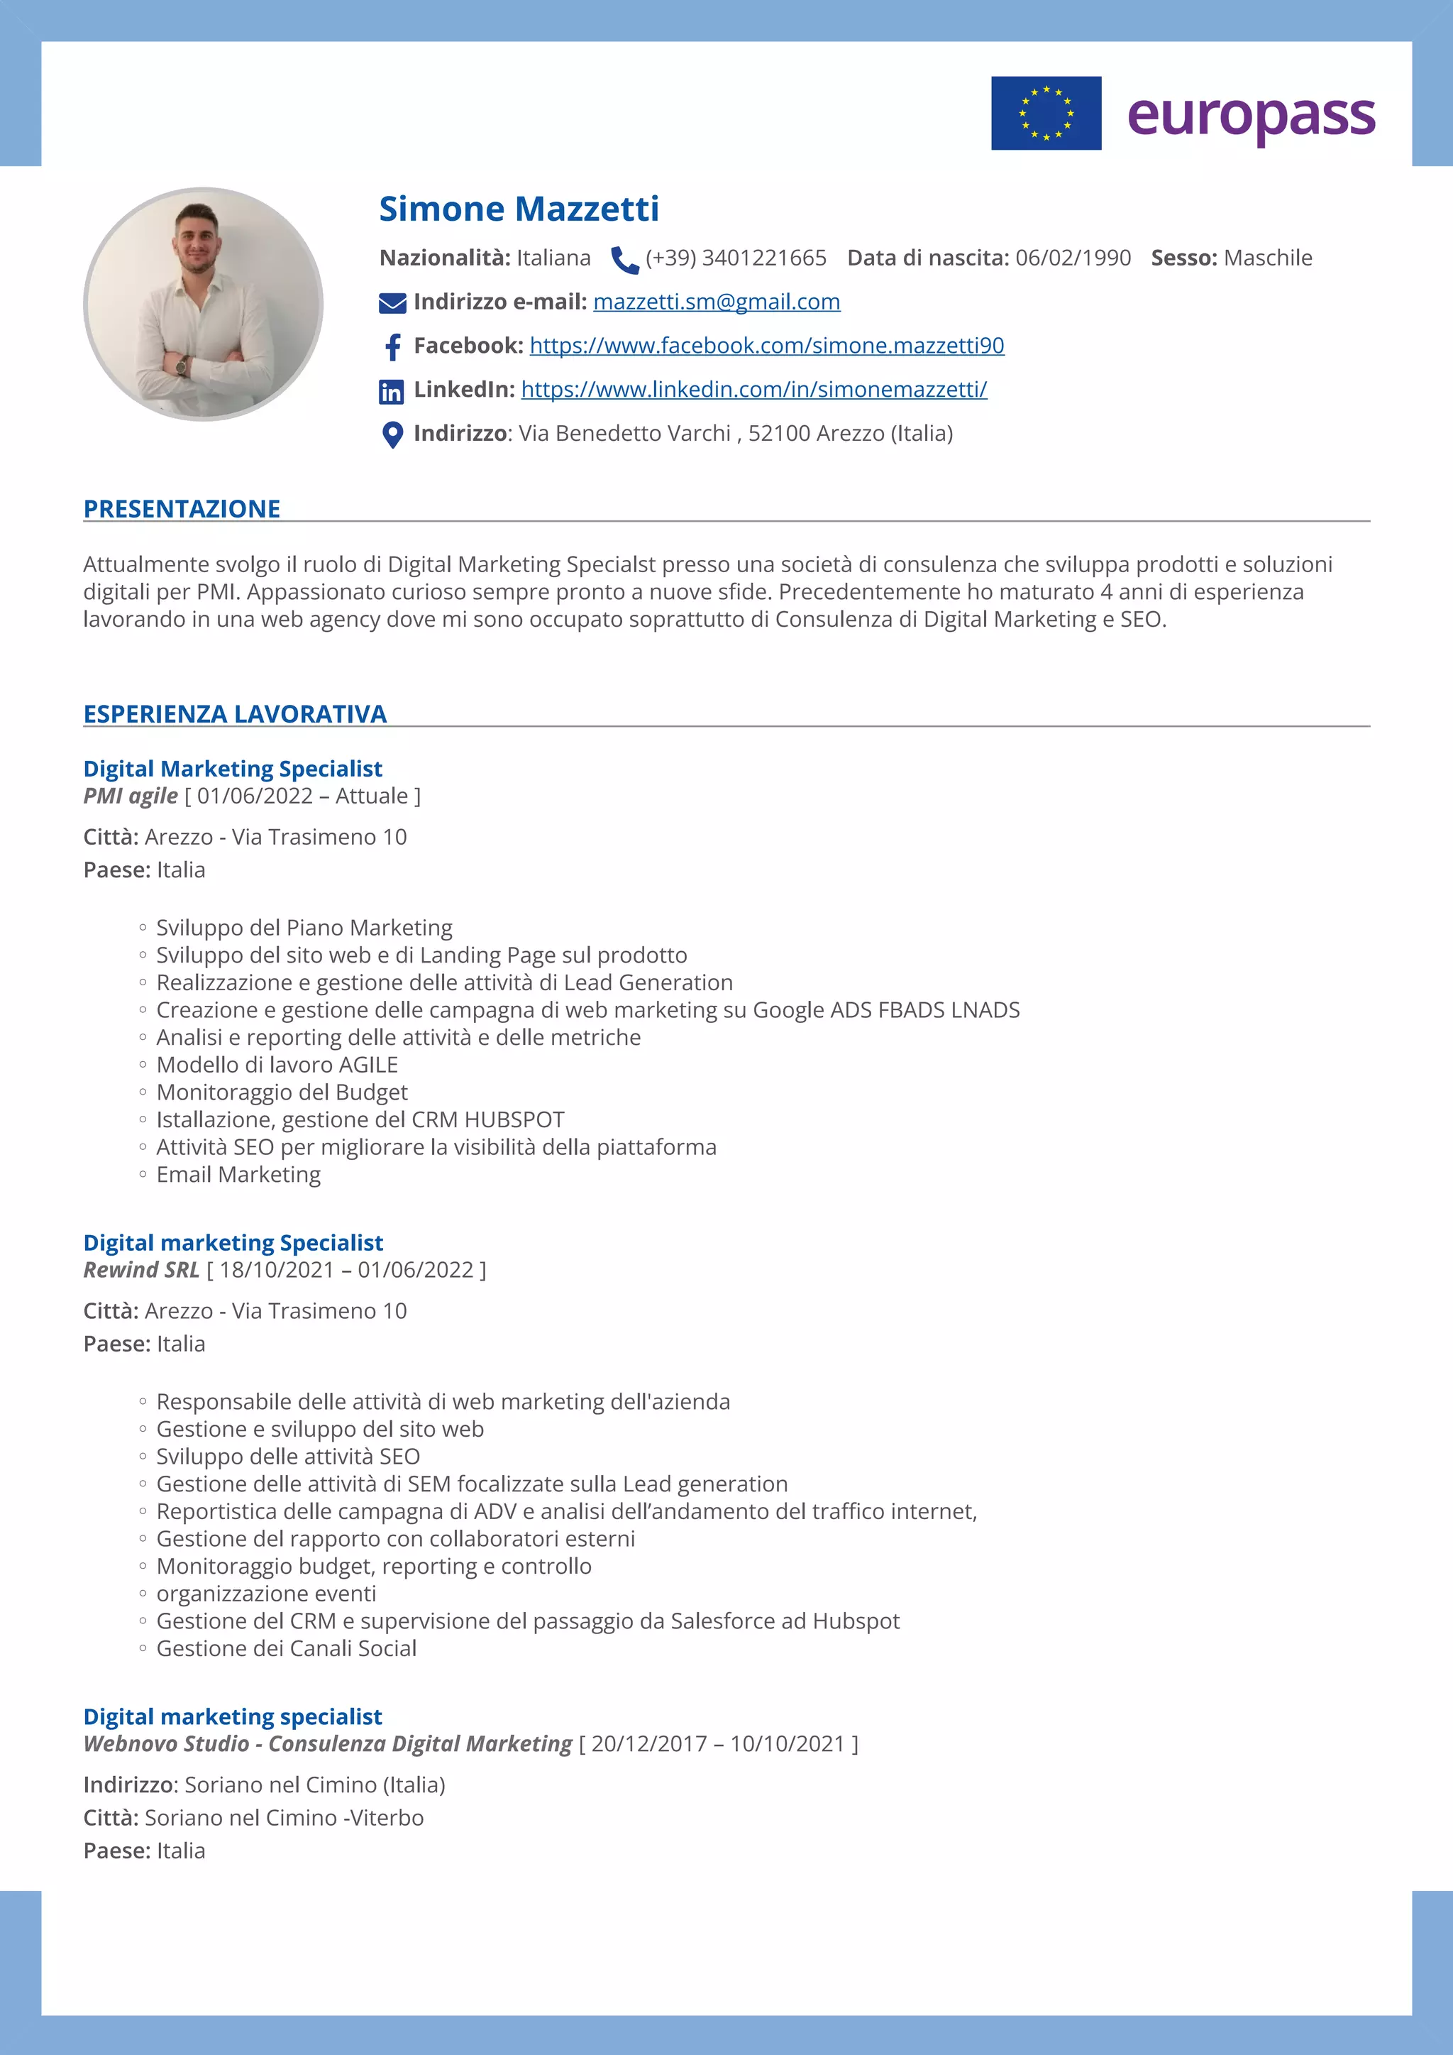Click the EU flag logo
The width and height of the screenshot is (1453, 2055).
(x=1045, y=113)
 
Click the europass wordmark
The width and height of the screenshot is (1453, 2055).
(x=1250, y=116)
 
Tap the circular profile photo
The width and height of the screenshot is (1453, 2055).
(x=203, y=303)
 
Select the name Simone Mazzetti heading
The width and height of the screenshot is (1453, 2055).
(x=519, y=209)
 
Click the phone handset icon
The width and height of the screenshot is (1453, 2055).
(x=624, y=260)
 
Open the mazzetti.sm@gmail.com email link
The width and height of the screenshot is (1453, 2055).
(x=716, y=302)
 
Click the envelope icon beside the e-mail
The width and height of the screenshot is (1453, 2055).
(x=392, y=303)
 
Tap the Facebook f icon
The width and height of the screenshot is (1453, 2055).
(x=392, y=347)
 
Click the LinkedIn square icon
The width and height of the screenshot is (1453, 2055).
(x=391, y=391)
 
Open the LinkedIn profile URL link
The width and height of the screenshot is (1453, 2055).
(x=753, y=389)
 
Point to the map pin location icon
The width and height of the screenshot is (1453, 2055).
(x=392, y=435)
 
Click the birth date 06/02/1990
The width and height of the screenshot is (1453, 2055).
(x=1072, y=258)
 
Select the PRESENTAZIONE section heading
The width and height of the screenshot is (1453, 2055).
(x=182, y=508)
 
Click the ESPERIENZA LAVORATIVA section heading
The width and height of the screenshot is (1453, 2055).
(x=234, y=713)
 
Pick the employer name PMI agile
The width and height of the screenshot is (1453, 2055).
(x=131, y=796)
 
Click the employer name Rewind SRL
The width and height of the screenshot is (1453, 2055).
(x=141, y=1269)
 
